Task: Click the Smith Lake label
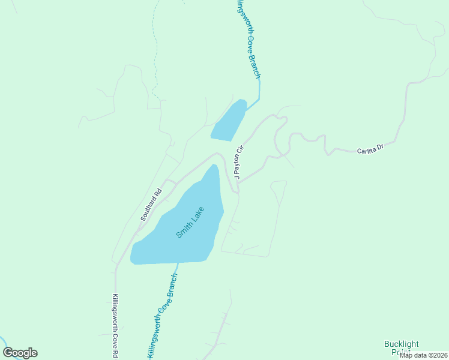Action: [190, 222]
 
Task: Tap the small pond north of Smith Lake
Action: [229, 121]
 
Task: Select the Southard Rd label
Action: [151, 205]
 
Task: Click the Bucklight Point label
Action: [402, 348]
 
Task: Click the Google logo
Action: [20, 353]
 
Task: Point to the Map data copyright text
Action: [423, 355]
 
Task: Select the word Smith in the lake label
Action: [183, 230]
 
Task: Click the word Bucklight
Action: [402, 344]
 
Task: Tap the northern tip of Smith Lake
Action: [213, 166]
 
